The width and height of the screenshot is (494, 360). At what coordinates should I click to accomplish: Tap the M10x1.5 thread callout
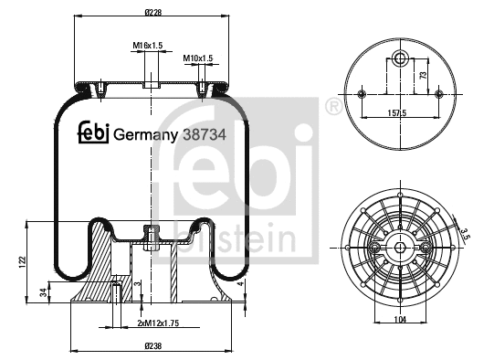click(198, 58)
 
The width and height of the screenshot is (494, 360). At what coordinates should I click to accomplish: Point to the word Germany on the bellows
click(145, 134)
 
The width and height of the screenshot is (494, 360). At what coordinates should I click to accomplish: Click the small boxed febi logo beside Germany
click(93, 133)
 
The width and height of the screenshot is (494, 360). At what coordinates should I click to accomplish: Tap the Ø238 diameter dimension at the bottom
click(152, 346)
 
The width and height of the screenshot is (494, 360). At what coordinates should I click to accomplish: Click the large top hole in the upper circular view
click(400, 59)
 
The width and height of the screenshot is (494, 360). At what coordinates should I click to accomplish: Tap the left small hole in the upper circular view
click(363, 95)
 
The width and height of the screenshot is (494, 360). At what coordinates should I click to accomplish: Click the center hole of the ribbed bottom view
click(400, 247)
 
